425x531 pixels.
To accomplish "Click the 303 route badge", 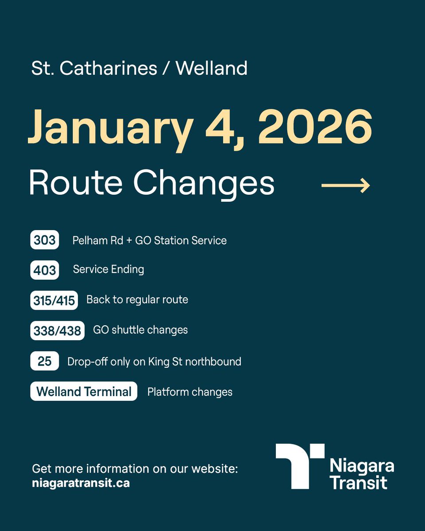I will click(45, 240).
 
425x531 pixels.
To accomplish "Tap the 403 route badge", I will click(45, 270).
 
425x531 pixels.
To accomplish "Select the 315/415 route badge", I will click(54, 300).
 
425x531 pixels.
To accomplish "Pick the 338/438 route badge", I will click(58, 331).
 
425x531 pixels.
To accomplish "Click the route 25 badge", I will click(45, 361).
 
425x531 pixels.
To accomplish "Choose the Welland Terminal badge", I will click(84, 392).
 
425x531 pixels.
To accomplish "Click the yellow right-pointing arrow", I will click(345, 185).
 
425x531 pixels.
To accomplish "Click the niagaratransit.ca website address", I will click(81, 483).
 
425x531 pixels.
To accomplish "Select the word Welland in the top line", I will click(212, 69).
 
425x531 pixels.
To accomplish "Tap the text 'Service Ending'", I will click(108, 269).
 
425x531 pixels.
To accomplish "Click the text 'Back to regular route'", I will click(137, 300).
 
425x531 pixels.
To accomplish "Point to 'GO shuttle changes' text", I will click(140, 330).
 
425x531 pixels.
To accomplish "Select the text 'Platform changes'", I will click(190, 392).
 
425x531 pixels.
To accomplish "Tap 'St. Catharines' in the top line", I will click(94, 69).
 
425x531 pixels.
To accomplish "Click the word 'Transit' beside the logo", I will click(359, 482).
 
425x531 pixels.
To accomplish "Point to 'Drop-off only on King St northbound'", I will click(154, 362).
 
